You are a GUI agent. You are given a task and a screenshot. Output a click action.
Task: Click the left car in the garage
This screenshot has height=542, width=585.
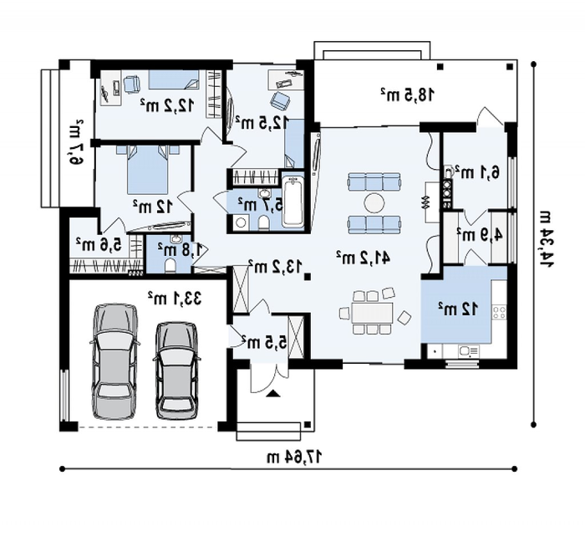pos(114,361)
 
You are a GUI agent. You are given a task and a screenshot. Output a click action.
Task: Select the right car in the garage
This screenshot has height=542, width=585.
pos(176,371)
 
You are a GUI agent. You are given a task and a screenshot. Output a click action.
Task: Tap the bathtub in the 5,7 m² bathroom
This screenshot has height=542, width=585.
pos(293,202)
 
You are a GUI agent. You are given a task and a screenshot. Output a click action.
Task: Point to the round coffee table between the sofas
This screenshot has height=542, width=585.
pos(374,204)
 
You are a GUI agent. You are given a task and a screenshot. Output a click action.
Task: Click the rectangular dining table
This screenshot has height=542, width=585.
pos(373,313)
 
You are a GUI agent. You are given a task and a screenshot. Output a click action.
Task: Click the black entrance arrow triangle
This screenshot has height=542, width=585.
pos(273,393)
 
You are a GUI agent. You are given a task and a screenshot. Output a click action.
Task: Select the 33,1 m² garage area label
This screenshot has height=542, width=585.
pos(175,299)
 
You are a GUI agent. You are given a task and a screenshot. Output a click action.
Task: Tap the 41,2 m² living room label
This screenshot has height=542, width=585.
pos(364,258)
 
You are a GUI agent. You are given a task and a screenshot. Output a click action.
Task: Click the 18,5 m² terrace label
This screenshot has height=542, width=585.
pos(408,95)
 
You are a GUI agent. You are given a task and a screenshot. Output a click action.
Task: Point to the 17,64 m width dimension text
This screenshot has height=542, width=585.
pos(295,457)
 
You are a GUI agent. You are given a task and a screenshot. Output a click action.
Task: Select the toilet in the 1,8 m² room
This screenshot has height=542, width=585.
pos(170,265)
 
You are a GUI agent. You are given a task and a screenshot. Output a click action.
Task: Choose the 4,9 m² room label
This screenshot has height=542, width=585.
pos(480,235)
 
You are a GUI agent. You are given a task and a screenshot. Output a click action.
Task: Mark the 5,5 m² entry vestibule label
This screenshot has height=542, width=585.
pos(265,341)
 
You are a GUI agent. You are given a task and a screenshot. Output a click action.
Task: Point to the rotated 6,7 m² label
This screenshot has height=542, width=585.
pos(74,142)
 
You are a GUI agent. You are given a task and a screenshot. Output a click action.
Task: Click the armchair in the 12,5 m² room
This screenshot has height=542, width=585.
pos(280,100)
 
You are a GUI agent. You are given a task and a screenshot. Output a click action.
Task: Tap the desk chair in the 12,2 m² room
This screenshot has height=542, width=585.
pos(131,84)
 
